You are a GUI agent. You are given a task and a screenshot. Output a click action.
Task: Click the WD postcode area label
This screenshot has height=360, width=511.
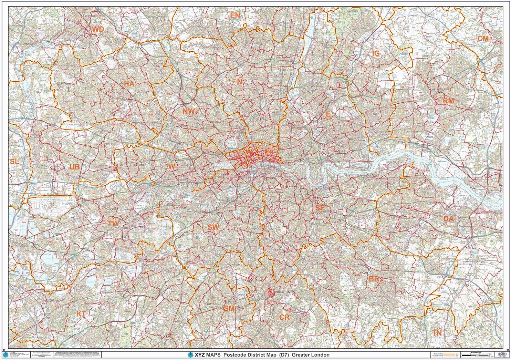pyautogui.click(x=98, y=30)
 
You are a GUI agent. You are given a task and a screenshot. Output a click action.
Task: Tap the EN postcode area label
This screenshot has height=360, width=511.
pyautogui.click(x=235, y=16)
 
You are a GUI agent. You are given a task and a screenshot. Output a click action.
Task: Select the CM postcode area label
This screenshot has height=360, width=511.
pyautogui.click(x=483, y=39)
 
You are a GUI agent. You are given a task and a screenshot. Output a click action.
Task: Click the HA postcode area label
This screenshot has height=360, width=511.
pyautogui.click(x=129, y=84)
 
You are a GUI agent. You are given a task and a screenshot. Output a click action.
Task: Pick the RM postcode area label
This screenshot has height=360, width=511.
pyautogui.click(x=448, y=101)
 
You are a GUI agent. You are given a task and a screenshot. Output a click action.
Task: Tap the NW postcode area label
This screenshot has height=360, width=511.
pyautogui.click(x=189, y=111)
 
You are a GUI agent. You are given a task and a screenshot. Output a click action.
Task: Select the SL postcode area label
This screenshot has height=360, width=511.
pyautogui.click(x=14, y=162)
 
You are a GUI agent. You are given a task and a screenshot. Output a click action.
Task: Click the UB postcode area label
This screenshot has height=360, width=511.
pyautogui.click(x=74, y=167)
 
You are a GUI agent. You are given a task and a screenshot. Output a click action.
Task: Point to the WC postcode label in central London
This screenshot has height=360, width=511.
pyautogui.click(x=251, y=152)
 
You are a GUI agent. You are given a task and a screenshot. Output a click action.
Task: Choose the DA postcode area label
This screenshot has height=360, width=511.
pyautogui.click(x=448, y=219)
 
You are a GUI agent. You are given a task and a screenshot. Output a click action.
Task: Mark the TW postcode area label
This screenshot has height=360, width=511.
pyautogui.click(x=113, y=224)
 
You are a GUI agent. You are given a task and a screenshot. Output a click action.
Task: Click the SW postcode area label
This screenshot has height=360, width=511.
pyautogui.click(x=213, y=227)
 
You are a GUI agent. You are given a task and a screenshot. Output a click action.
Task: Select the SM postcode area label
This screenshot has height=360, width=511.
pyautogui.click(x=229, y=308)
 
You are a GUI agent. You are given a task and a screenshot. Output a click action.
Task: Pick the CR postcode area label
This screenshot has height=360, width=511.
pyautogui.click(x=284, y=317)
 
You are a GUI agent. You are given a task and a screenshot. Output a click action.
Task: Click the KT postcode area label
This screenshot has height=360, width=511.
pyautogui.click(x=81, y=314)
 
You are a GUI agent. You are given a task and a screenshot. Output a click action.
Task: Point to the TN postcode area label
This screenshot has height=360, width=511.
pyautogui.click(x=437, y=333)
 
